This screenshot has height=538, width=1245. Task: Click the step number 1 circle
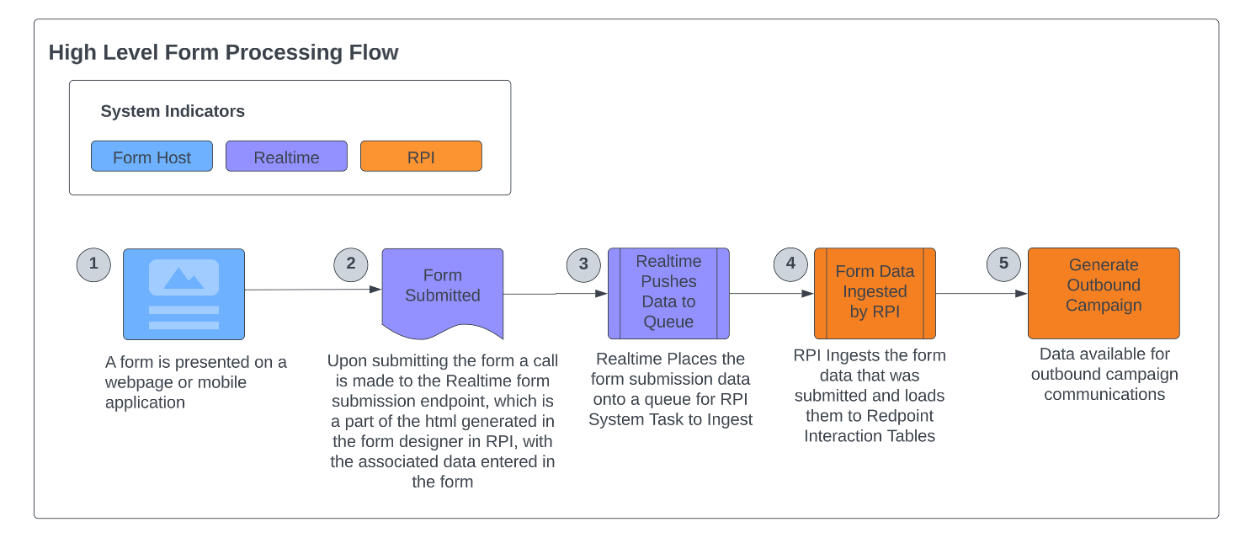(x=93, y=264)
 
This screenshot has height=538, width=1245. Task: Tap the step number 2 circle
(x=351, y=264)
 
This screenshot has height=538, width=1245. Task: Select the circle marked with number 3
(x=583, y=264)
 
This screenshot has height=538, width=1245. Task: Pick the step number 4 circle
(x=790, y=264)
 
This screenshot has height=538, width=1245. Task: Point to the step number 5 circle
(x=1003, y=264)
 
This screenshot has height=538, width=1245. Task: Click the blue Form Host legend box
(x=152, y=157)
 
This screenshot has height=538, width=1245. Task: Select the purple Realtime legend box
(x=286, y=157)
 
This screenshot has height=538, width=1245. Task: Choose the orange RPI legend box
(x=421, y=157)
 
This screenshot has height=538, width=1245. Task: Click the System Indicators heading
(x=173, y=111)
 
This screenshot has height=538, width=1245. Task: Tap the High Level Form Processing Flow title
(x=223, y=52)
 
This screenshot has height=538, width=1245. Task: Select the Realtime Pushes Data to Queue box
(x=668, y=293)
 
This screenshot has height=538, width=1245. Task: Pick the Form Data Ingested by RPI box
(x=875, y=292)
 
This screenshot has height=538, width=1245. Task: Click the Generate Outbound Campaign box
(x=1104, y=292)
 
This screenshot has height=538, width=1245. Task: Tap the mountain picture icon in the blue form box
(x=184, y=277)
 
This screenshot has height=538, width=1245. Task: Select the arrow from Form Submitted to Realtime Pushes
(x=556, y=294)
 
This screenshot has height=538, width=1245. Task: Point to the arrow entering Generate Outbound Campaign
(x=982, y=294)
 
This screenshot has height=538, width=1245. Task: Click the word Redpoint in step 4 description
(x=901, y=416)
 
